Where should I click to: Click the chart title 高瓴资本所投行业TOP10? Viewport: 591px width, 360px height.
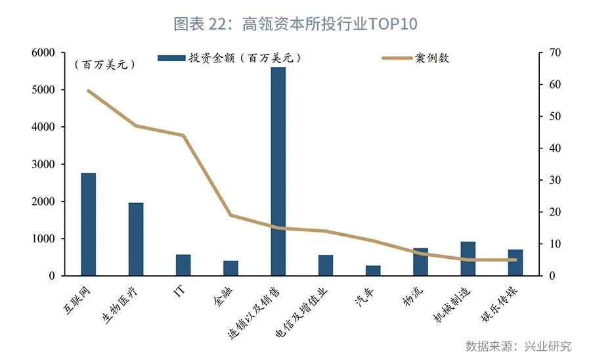pos(295,24)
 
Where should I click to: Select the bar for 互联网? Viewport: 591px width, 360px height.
pos(89,224)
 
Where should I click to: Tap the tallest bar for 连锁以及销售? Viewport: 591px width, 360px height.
pos(278,171)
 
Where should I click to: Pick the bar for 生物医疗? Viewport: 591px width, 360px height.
pos(136,239)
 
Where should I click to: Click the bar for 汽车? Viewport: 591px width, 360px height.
pos(373,271)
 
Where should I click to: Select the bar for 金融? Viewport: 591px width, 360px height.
pos(230,268)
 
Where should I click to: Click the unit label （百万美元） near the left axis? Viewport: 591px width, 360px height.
pos(104,64)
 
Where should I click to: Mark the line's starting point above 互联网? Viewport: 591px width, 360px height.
pos(89,91)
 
